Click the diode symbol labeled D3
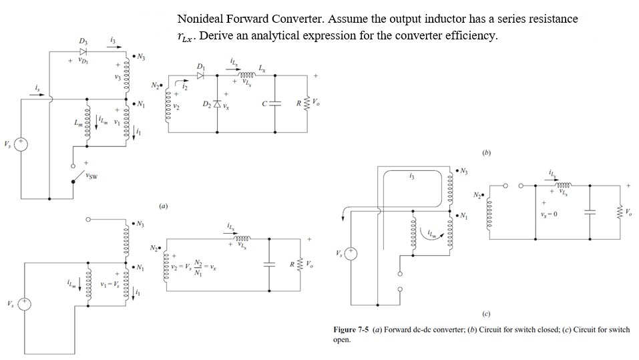(83, 51)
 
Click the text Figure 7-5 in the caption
(352, 330)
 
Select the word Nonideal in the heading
(202, 19)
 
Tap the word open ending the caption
(342, 339)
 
